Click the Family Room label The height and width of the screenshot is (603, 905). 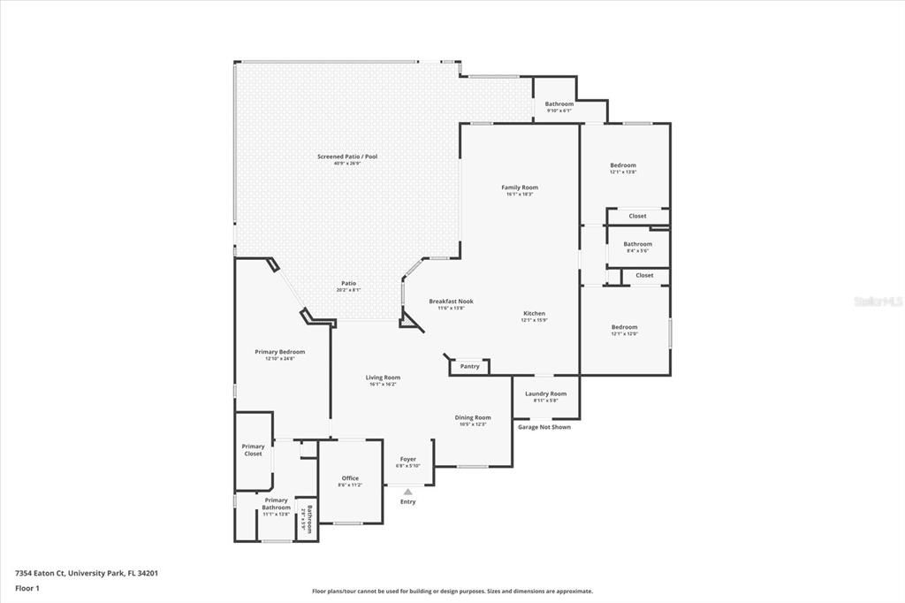(520, 187)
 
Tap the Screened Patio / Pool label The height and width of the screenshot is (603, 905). (347, 156)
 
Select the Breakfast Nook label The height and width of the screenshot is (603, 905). (451, 301)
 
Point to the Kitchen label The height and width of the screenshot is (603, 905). (534, 314)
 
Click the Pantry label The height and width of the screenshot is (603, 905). (469, 366)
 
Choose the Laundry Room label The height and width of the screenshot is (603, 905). (545, 393)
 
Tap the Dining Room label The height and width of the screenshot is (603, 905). (473, 417)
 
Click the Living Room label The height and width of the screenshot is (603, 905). (383, 378)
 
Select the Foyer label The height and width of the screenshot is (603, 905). (407, 460)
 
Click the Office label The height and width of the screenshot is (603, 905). (350, 478)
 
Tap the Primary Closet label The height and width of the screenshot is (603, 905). (253, 450)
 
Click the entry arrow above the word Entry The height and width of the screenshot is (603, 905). (407, 492)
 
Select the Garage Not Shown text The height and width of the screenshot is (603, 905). (544, 427)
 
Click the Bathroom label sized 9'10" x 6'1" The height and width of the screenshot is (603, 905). (559, 104)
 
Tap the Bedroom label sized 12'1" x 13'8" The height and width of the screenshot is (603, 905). (622, 165)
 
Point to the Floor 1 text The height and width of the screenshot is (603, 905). (27, 587)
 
